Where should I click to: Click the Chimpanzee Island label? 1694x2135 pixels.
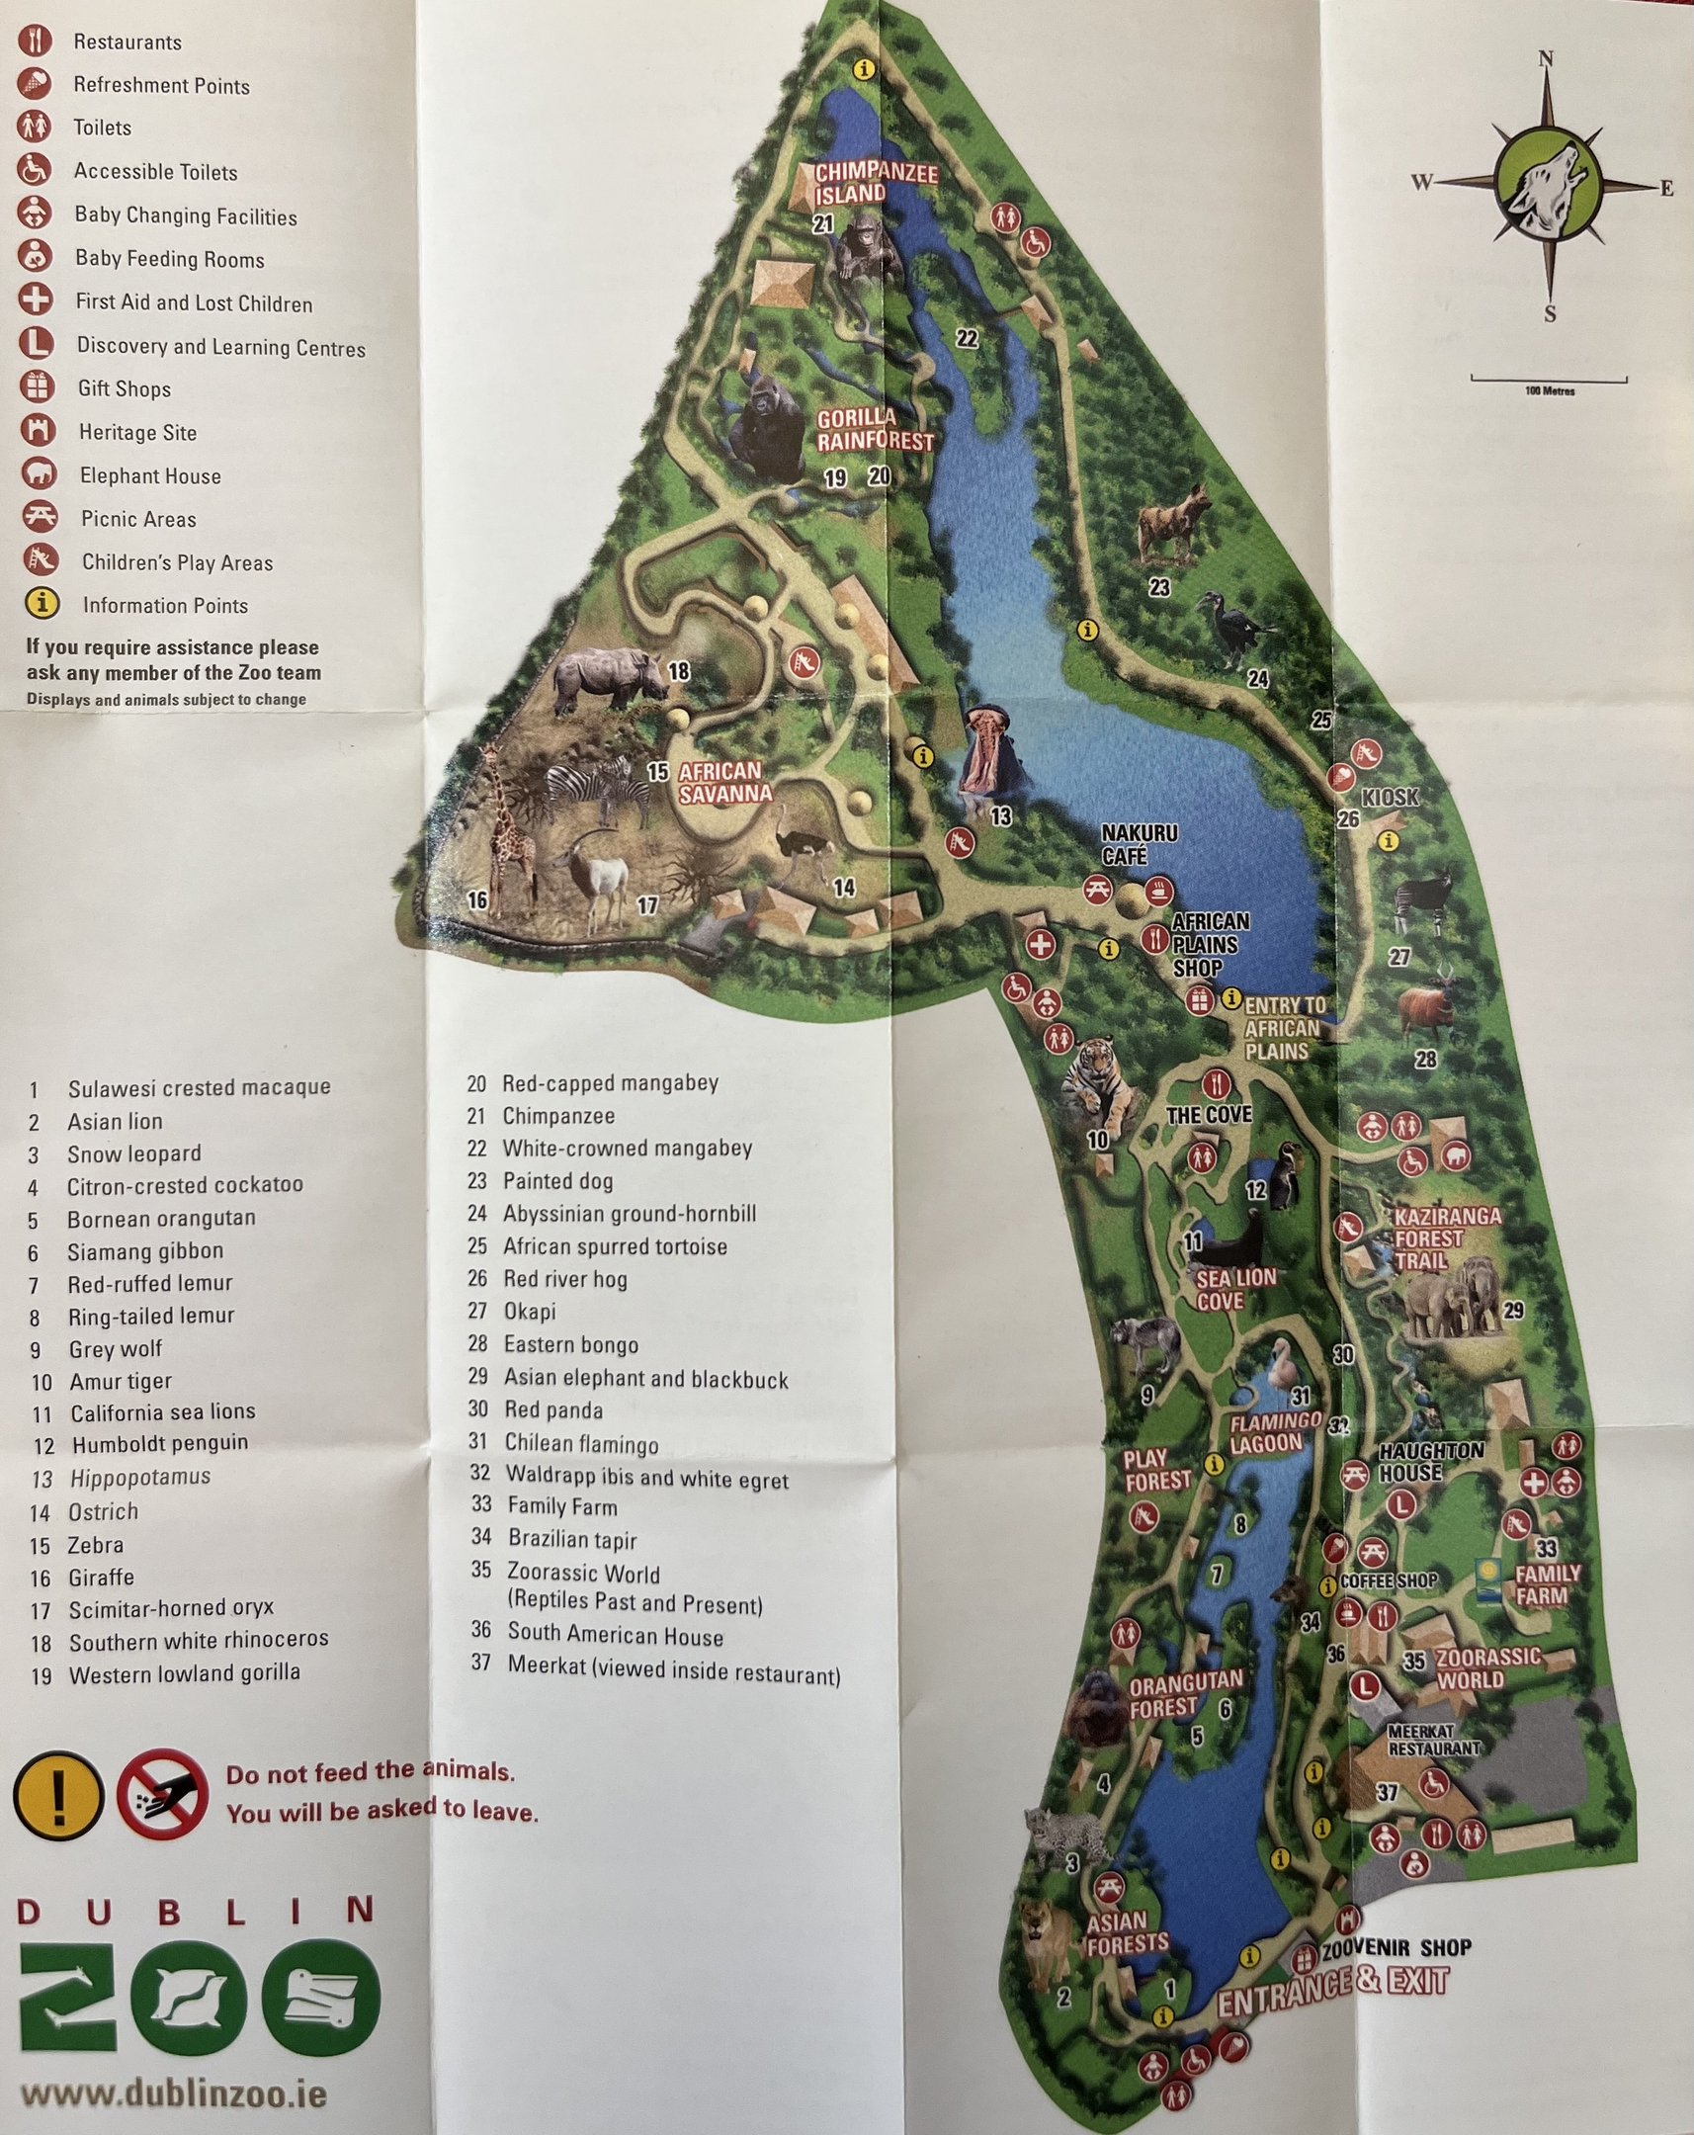(x=875, y=183)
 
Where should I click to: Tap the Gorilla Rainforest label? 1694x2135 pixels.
(x=875, y=429)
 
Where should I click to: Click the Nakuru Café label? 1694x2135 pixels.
(x=1139, y=844)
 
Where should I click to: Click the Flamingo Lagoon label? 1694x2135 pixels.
(x=1275, y=1432)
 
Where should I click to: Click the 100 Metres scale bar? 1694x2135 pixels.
(x=1548, y=379)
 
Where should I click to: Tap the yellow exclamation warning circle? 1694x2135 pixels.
(x=58, y=1794)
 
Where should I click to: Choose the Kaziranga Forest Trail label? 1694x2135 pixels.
(x=1446, y=1238)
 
